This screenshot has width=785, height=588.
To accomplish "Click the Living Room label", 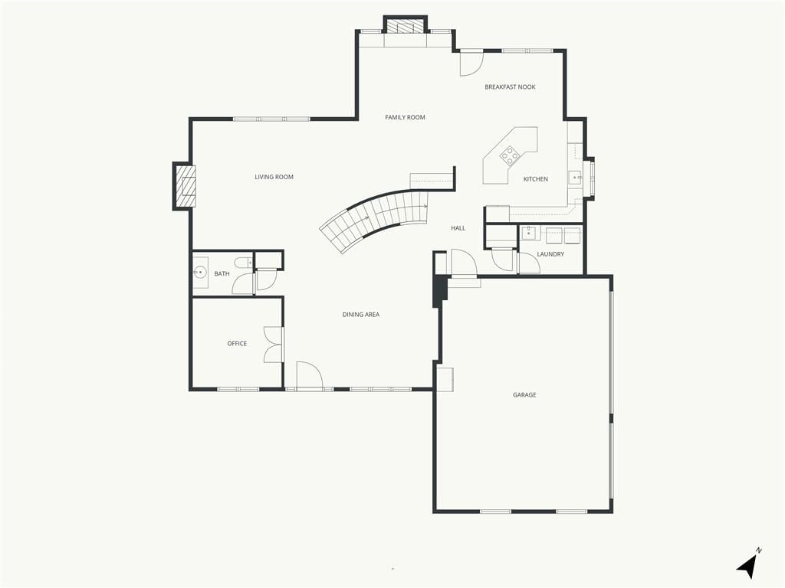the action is pos(274,177).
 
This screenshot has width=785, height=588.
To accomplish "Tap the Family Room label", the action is pos(405,117).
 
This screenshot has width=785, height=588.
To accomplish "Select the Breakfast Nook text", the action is pos(510,87).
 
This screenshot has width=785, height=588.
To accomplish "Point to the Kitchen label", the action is pos(536,179).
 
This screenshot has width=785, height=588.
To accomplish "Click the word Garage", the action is pos(524,395).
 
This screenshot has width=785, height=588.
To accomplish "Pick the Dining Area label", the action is pos(361,315).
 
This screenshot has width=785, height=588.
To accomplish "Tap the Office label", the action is pos(238,344).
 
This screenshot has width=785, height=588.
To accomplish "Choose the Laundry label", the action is pos(550,254).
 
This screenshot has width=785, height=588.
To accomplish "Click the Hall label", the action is pos(458,228).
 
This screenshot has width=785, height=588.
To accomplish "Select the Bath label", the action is pos(222,274).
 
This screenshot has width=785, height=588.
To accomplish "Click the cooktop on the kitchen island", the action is pos(510,155).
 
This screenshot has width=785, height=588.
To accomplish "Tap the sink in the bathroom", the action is pos(200,273).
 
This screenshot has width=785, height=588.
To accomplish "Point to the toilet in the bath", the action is pos(244,263).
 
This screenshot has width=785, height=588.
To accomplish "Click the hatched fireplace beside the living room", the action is pos(184,186).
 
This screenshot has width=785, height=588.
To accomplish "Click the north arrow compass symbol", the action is pos(748,564).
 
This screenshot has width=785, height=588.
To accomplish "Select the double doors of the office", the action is pos(274,345).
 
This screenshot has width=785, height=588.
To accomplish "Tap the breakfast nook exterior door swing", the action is pos(471,64).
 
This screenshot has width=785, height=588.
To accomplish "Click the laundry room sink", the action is pos(528,233).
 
